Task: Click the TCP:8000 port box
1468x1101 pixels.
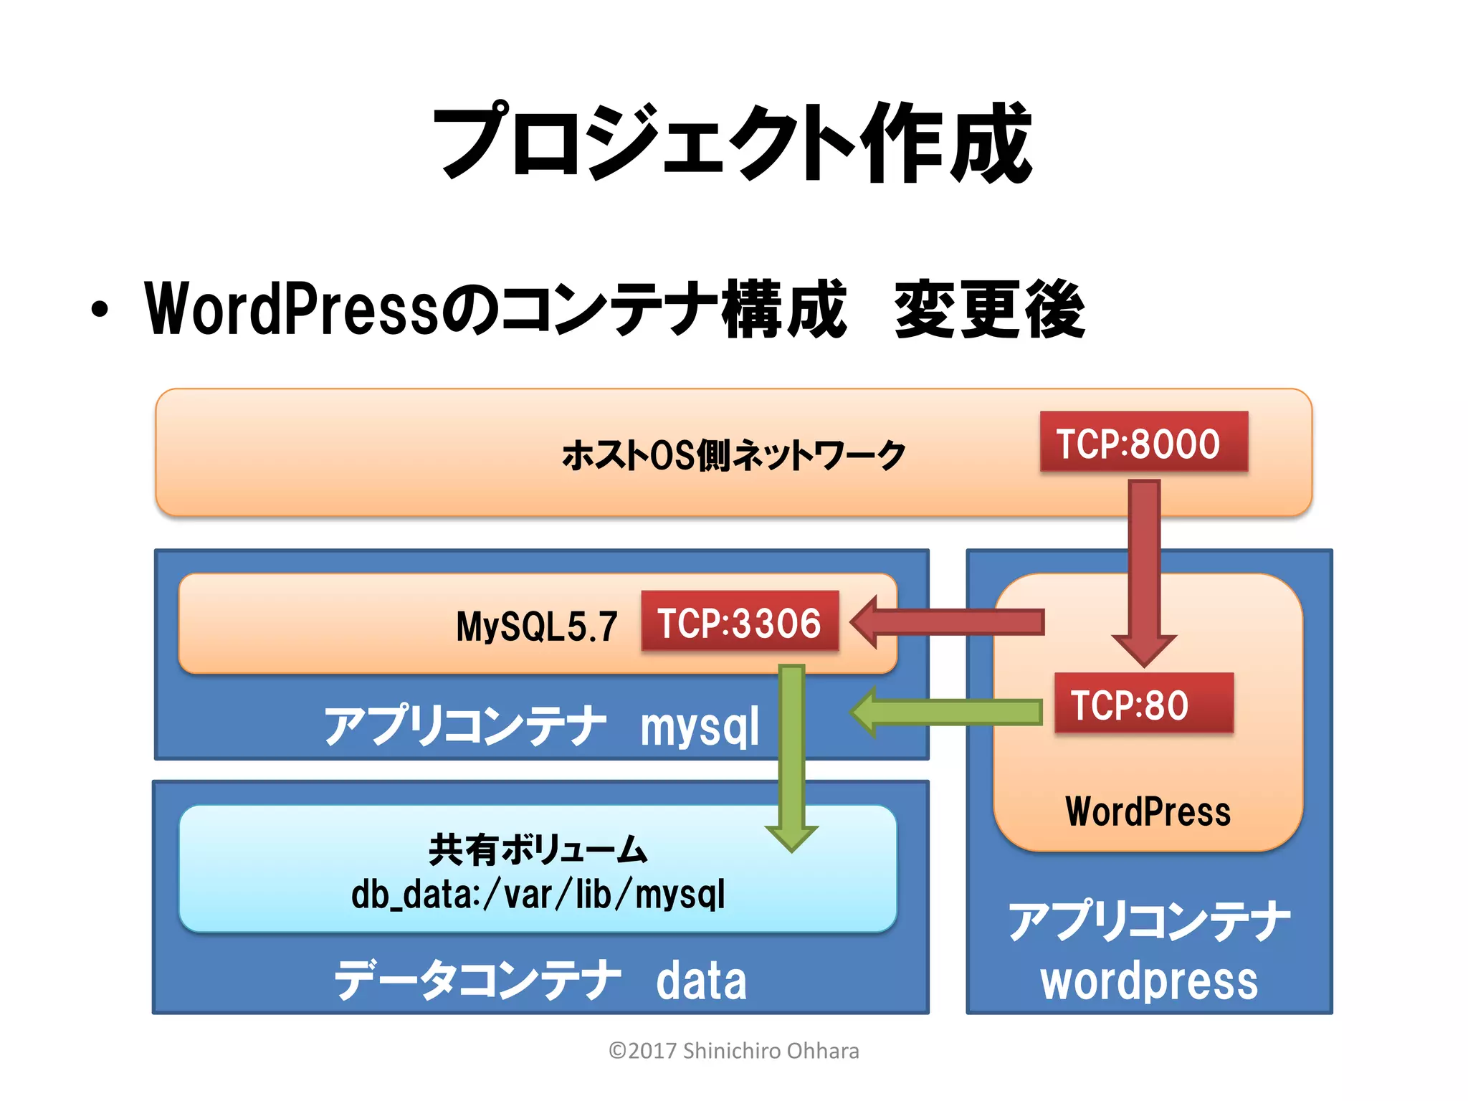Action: point(1143,442)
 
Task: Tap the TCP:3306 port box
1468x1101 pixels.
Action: point(739,622)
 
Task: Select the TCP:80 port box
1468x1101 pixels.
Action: point(1143,704)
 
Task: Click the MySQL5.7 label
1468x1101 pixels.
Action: point(536,626)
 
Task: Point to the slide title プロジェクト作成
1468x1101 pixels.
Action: point(733,141)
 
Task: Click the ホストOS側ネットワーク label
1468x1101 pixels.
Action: point(733,455)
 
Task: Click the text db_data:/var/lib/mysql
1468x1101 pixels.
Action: point(538,895)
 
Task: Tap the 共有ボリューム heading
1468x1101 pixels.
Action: point(538,849)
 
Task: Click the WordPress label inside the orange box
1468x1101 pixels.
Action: point(1148,811)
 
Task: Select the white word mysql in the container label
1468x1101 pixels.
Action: point(700,727)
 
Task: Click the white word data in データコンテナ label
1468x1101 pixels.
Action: point(701,981)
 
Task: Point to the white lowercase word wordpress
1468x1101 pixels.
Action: point(1149,981)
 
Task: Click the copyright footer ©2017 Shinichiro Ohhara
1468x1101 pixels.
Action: point(733,1051)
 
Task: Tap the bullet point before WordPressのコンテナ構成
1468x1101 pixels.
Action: point(100,310)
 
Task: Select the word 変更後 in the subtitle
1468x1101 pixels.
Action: point(989,310)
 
